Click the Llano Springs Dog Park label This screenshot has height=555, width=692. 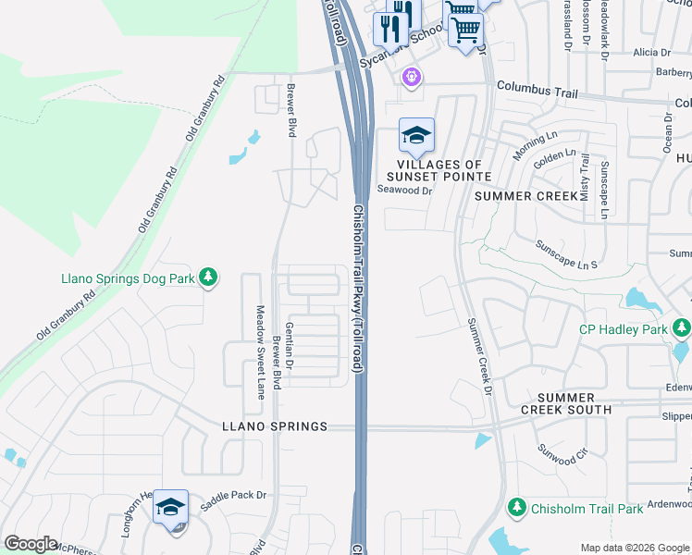coord(127,277)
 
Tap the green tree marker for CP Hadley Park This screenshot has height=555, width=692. coord(683,328)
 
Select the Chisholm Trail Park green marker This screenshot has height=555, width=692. coord(518,508)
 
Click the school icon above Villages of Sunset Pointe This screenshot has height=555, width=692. coord(416,136)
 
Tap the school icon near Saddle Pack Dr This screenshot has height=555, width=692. coord(170,507)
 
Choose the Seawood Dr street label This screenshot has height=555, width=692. coord(405,191)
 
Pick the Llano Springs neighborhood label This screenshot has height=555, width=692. coord(275,426)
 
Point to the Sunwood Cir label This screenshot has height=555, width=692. coord(562,453)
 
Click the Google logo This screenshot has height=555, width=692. coord(31,544)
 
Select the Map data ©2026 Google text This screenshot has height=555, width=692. coord(634,548)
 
